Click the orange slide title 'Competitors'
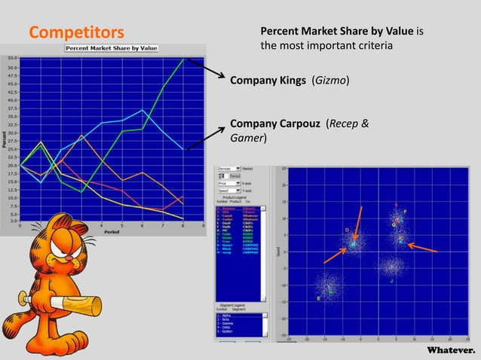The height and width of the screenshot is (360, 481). tap(75, 32)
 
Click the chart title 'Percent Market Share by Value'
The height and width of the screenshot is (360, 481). tap(112, 48)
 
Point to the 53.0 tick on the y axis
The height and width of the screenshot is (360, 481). tap(14, 57)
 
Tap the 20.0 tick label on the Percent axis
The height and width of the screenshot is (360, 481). tap(14, 165)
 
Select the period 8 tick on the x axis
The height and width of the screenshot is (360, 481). tap(183, 224)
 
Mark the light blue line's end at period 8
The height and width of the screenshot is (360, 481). tap(183, 148)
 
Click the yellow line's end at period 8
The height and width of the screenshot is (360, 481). tap(183, 219)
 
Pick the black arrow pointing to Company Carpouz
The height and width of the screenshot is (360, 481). tap(206, 139)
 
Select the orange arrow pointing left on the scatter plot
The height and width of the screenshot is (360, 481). tap(422, 248)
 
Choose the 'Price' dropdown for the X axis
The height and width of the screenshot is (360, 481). tap(227, 183)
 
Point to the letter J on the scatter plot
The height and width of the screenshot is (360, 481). tap(391, 281)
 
